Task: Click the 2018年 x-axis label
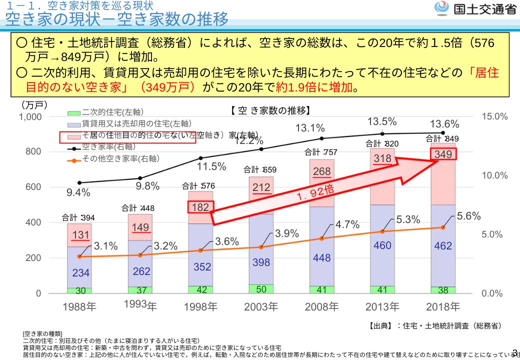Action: [443, 306]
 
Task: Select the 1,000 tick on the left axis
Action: [30, 117]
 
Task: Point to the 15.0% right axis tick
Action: [494, 116]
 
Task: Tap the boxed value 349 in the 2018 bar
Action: [443, 154]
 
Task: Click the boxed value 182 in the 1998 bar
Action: [200, 207]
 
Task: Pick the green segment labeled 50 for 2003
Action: [261, 289]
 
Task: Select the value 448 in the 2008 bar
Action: [321, 258]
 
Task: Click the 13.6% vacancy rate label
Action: [444, 124]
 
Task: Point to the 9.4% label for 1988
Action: [78, 192]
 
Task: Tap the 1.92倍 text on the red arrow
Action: [315, 192]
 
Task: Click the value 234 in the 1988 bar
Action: [80, 273]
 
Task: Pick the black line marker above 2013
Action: [382, 133]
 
